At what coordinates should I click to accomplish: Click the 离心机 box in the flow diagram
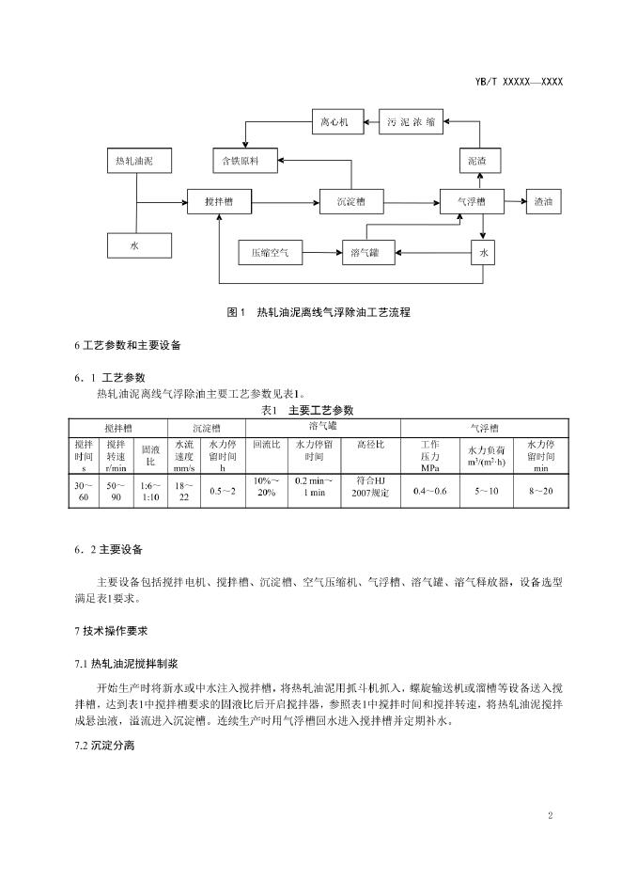pos(337,122)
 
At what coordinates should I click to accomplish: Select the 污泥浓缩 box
pos(411,122)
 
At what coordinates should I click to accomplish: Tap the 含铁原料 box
pos(245,161)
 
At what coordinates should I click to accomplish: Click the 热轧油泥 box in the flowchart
pos(139,161)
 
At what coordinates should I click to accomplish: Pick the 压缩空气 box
pos(271,253)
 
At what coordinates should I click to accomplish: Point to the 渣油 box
pos(543,201)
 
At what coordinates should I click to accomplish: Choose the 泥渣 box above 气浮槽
pos(480,161)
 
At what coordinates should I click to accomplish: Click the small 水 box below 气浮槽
pos(483,253)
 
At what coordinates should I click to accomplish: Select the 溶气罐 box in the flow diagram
pos(368,253)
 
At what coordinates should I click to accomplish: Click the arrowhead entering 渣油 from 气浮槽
pos(522,201)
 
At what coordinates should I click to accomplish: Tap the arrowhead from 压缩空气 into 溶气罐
pos(339,253)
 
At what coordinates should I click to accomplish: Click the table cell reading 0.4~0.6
pos(430,491)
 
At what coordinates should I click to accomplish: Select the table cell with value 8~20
pos(540,491)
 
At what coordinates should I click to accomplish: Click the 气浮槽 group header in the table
pos(485,428)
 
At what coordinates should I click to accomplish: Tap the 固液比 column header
pos(150,456)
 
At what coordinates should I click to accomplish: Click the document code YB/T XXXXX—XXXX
pos(519,82)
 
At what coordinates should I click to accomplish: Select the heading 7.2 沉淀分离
pos(105,746)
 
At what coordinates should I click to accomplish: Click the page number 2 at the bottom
pos(551,815)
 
